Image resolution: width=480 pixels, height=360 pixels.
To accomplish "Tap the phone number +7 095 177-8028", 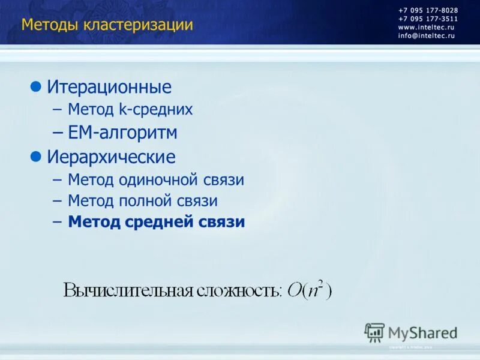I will pos(427,11).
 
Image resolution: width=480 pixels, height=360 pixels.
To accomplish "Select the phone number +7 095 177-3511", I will pos(427,19).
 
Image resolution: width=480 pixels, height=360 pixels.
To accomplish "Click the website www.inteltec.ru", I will pos(426,28).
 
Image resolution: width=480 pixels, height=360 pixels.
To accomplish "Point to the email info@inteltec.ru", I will pos(426,36).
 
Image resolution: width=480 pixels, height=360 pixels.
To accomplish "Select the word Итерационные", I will pos(109,88).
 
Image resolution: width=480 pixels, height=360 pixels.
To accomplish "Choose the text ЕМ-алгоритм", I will pos(122,132).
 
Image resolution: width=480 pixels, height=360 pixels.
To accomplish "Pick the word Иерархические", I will pos(112,158).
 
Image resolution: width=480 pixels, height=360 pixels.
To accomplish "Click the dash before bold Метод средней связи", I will pos(57,222).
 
